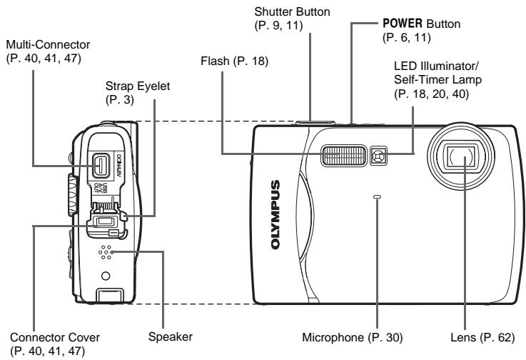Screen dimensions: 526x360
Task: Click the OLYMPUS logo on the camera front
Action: click(x=275, y=215)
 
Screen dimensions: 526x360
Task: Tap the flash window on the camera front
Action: click(x=344, y=156)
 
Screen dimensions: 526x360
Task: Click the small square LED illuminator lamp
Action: click(x=378, y=156)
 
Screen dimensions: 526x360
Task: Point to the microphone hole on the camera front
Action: click(x=378, y=196)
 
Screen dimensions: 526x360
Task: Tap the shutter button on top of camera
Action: click(x=315, y=123)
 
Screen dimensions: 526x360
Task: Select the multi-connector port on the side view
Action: click(x=101, y=166)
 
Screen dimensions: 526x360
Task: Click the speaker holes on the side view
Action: click(x=106, y=252)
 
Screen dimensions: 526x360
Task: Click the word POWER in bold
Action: click(x=403, y=24)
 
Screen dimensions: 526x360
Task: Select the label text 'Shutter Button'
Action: click(x=292, y=11)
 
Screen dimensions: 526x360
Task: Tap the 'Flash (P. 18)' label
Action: click(x=235, y=61)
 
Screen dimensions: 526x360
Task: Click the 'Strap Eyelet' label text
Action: click(x=138, y=86)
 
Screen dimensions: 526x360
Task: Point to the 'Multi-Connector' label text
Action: click(x=48, y=45)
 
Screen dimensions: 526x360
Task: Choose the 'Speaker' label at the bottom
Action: click(x=171, y=337)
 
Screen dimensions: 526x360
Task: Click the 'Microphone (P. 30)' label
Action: click(x=353, y=337)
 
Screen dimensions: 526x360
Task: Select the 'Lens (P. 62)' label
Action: click(x=482, y=337)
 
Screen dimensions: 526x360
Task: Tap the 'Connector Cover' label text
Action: click(x=55, y=337)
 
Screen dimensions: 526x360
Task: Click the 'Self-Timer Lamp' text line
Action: click(x=438, y=79)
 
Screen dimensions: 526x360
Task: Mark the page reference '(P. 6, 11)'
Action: click(x=407, y=38)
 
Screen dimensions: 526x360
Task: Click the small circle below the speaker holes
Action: click(x=106, y=276)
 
